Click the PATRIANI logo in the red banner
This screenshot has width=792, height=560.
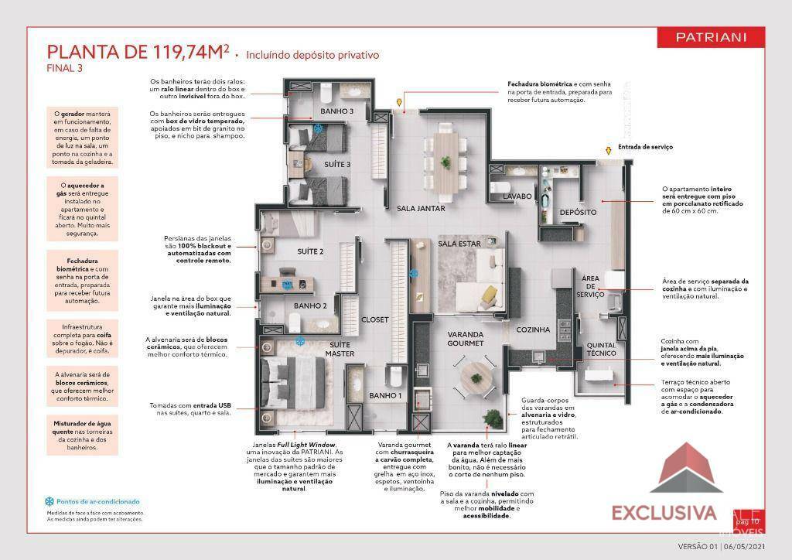(710, 37)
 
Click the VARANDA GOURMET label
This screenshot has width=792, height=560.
(466, 339)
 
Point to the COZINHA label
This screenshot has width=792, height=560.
(534, 330)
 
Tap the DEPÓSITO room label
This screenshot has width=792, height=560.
(577, 212)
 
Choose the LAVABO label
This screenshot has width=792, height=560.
(517, 196)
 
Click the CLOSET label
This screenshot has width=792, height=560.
(375, 319)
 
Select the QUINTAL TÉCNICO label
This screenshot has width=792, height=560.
(601, 350)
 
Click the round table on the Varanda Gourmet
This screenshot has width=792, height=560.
(475, 377)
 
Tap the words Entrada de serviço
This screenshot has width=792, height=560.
(644, 147)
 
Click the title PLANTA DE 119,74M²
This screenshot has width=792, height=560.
(138, 52)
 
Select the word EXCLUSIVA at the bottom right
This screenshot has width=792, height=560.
(664, 512)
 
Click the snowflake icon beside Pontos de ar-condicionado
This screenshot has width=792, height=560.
(49, 501)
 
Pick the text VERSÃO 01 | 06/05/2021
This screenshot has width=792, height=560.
(721, 546)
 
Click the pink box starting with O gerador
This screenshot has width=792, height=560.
(81, 138)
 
